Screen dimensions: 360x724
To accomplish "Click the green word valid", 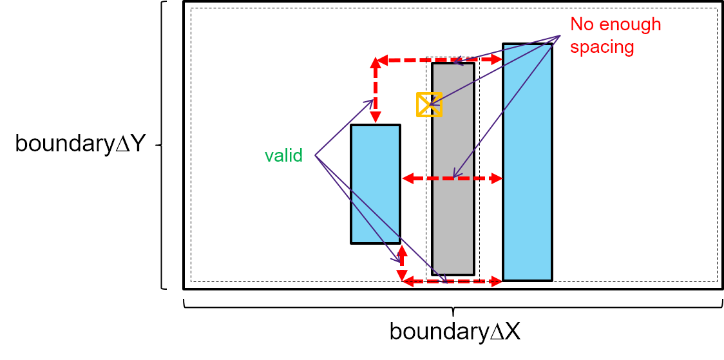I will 283,156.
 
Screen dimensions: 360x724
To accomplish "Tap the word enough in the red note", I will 631,24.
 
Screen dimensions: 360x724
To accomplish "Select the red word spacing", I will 602,47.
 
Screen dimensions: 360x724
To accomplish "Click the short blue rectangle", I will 375,184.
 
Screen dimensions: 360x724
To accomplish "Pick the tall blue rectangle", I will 527,161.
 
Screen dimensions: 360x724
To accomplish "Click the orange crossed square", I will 429,104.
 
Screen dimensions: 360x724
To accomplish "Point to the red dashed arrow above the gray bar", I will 438,60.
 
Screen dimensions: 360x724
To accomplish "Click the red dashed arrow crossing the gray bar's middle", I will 451,178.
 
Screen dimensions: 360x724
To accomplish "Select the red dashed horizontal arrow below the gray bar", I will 451,281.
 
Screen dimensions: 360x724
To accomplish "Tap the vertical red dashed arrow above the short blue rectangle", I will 375,90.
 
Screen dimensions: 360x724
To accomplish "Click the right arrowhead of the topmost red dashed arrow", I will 497,60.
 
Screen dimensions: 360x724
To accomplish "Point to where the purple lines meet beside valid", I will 314,156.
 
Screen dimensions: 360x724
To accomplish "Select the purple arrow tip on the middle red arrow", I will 454,176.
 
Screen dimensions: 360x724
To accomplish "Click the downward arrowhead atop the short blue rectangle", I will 375,118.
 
